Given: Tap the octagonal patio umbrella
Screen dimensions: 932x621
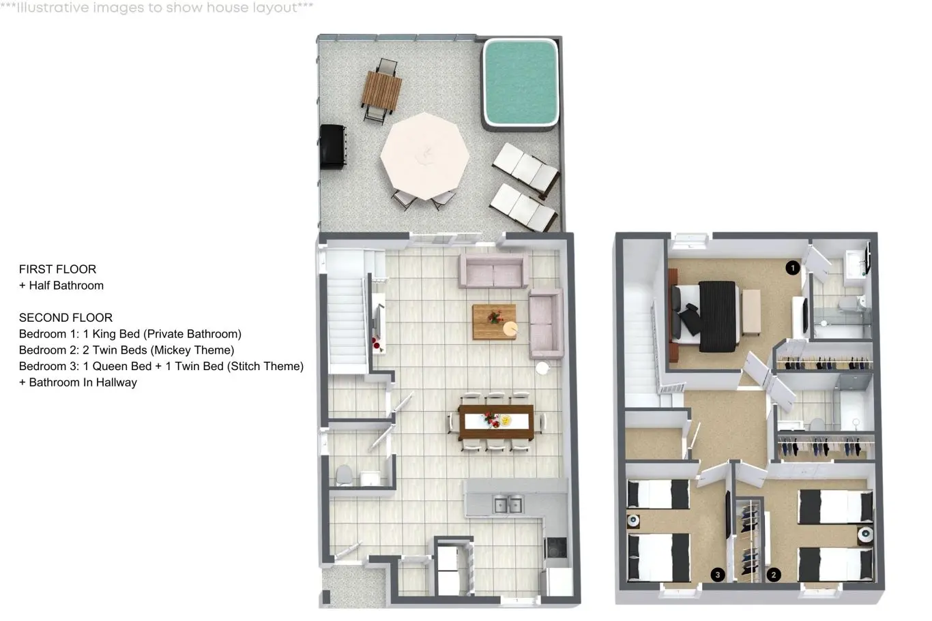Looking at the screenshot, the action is [425, 156].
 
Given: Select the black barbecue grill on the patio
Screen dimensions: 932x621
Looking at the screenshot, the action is [333, 147].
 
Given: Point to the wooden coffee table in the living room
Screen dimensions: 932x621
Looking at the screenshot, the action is [495, 322].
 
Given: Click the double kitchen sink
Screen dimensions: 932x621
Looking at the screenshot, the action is [508, 504].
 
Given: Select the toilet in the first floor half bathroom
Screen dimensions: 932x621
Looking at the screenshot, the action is [344, 474].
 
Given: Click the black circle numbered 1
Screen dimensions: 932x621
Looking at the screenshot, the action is [792, 268].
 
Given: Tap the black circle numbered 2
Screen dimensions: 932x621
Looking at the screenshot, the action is [774, 575].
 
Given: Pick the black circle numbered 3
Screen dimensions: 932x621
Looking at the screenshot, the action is [717, 575].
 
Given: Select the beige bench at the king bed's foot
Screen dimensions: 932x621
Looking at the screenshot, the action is [751, 312].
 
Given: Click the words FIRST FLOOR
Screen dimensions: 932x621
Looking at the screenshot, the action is [57, 269].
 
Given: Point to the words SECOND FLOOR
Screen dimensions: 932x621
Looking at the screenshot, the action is [65, 318].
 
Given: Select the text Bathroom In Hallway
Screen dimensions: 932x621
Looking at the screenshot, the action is [83, 383].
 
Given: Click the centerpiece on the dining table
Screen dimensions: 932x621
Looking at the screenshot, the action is [495, 420].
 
